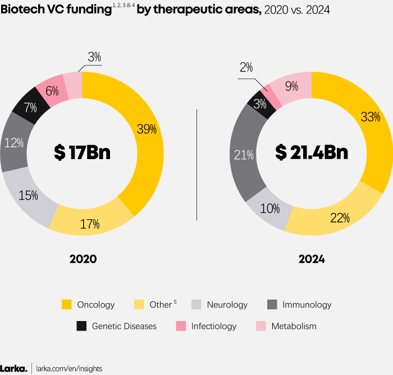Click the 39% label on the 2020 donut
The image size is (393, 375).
click(147, 129)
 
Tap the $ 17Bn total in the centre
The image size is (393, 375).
click(82, 153)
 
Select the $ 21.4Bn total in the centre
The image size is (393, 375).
click(311, 153)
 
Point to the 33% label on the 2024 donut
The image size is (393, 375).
click(371, 117)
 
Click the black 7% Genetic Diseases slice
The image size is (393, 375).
click(25, 106)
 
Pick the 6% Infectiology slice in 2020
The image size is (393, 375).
click(52, 90)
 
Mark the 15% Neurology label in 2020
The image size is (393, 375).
click(28, 196)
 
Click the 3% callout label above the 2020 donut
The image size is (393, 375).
click(94, 57)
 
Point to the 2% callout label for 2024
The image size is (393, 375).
click(246, 68)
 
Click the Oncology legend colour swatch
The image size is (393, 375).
click(67, 305)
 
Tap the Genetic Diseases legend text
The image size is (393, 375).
click(124, 326)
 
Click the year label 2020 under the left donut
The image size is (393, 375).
click(83, 259)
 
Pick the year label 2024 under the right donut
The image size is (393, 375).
click(311, 259)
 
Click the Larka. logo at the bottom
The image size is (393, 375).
click(13, 368)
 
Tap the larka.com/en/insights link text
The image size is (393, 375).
click(69, 368)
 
